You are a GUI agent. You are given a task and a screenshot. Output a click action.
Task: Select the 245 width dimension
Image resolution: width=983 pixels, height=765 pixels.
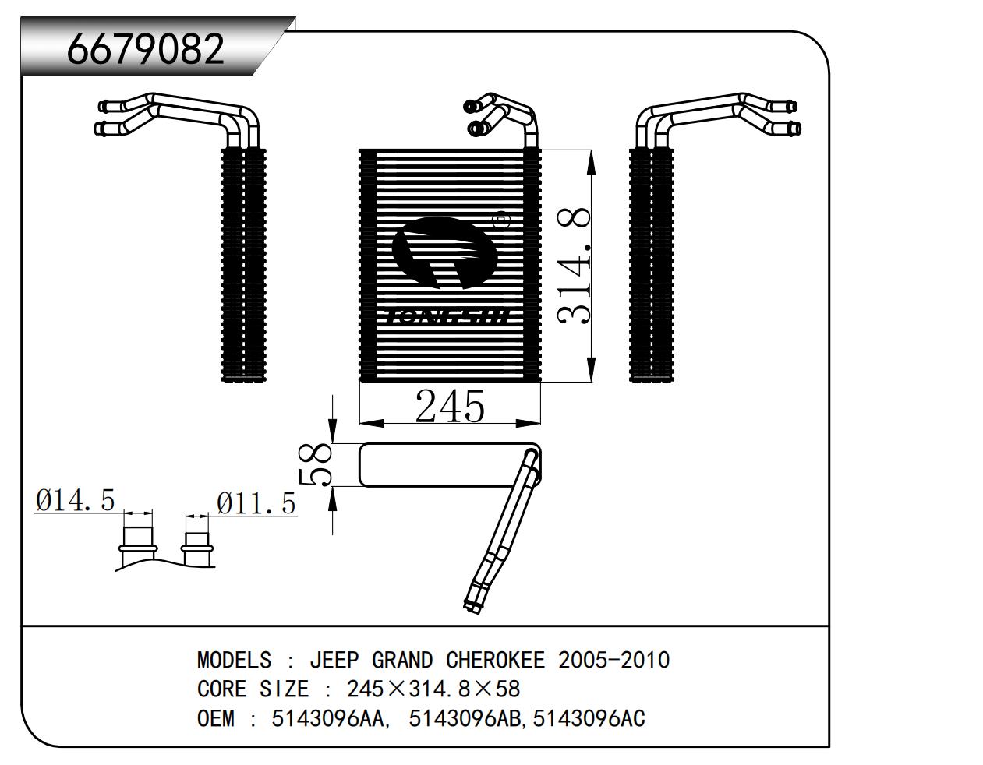pos(450,405)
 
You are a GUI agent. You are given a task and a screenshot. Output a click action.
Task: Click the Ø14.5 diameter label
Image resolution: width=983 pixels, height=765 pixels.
pos(75,499)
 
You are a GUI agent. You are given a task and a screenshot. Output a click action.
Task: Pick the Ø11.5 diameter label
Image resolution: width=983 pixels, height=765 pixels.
pos(256,503)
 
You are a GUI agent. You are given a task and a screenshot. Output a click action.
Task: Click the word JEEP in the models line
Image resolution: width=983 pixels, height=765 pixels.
pos(334,661)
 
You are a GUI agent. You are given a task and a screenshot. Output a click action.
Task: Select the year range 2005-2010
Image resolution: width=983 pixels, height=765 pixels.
pos(614,661)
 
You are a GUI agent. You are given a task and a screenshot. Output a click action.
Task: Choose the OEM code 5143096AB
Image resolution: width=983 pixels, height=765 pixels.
pos(461,718)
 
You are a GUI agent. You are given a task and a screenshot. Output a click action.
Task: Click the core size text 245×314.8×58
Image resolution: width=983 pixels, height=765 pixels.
pos(433,689)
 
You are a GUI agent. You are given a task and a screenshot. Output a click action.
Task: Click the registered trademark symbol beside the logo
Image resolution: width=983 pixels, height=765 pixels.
pos(501,221)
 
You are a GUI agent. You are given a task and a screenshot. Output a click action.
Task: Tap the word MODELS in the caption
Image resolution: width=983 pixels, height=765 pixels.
pos(234,661)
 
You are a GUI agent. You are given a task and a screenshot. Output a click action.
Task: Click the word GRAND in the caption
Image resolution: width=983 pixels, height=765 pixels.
pos(402,661)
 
